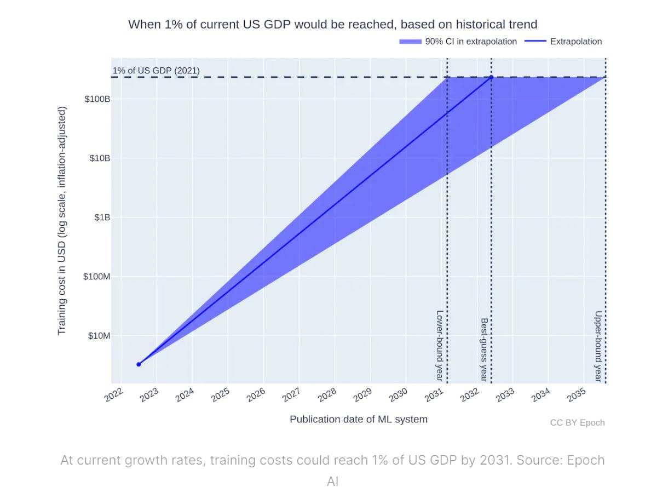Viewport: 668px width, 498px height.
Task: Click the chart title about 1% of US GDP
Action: pos(332,24)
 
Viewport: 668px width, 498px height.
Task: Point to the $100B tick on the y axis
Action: pos(97,99)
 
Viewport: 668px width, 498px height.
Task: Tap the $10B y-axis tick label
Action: pos(99,158)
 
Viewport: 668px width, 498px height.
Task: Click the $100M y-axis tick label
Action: pos(96,277)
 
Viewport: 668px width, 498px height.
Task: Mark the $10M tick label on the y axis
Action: pos(99,335)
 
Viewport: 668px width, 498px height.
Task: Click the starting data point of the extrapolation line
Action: pos(139,364)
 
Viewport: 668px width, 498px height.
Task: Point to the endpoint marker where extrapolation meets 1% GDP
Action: pos(491,77)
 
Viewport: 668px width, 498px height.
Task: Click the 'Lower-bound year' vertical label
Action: pos(440,345)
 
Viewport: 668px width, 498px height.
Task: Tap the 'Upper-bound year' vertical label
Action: pos(598,346)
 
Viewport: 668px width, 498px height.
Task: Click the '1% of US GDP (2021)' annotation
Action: pos(156,71)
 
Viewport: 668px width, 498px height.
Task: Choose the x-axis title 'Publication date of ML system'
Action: pos(358,420)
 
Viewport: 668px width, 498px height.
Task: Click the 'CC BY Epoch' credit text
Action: pos(577,422)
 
